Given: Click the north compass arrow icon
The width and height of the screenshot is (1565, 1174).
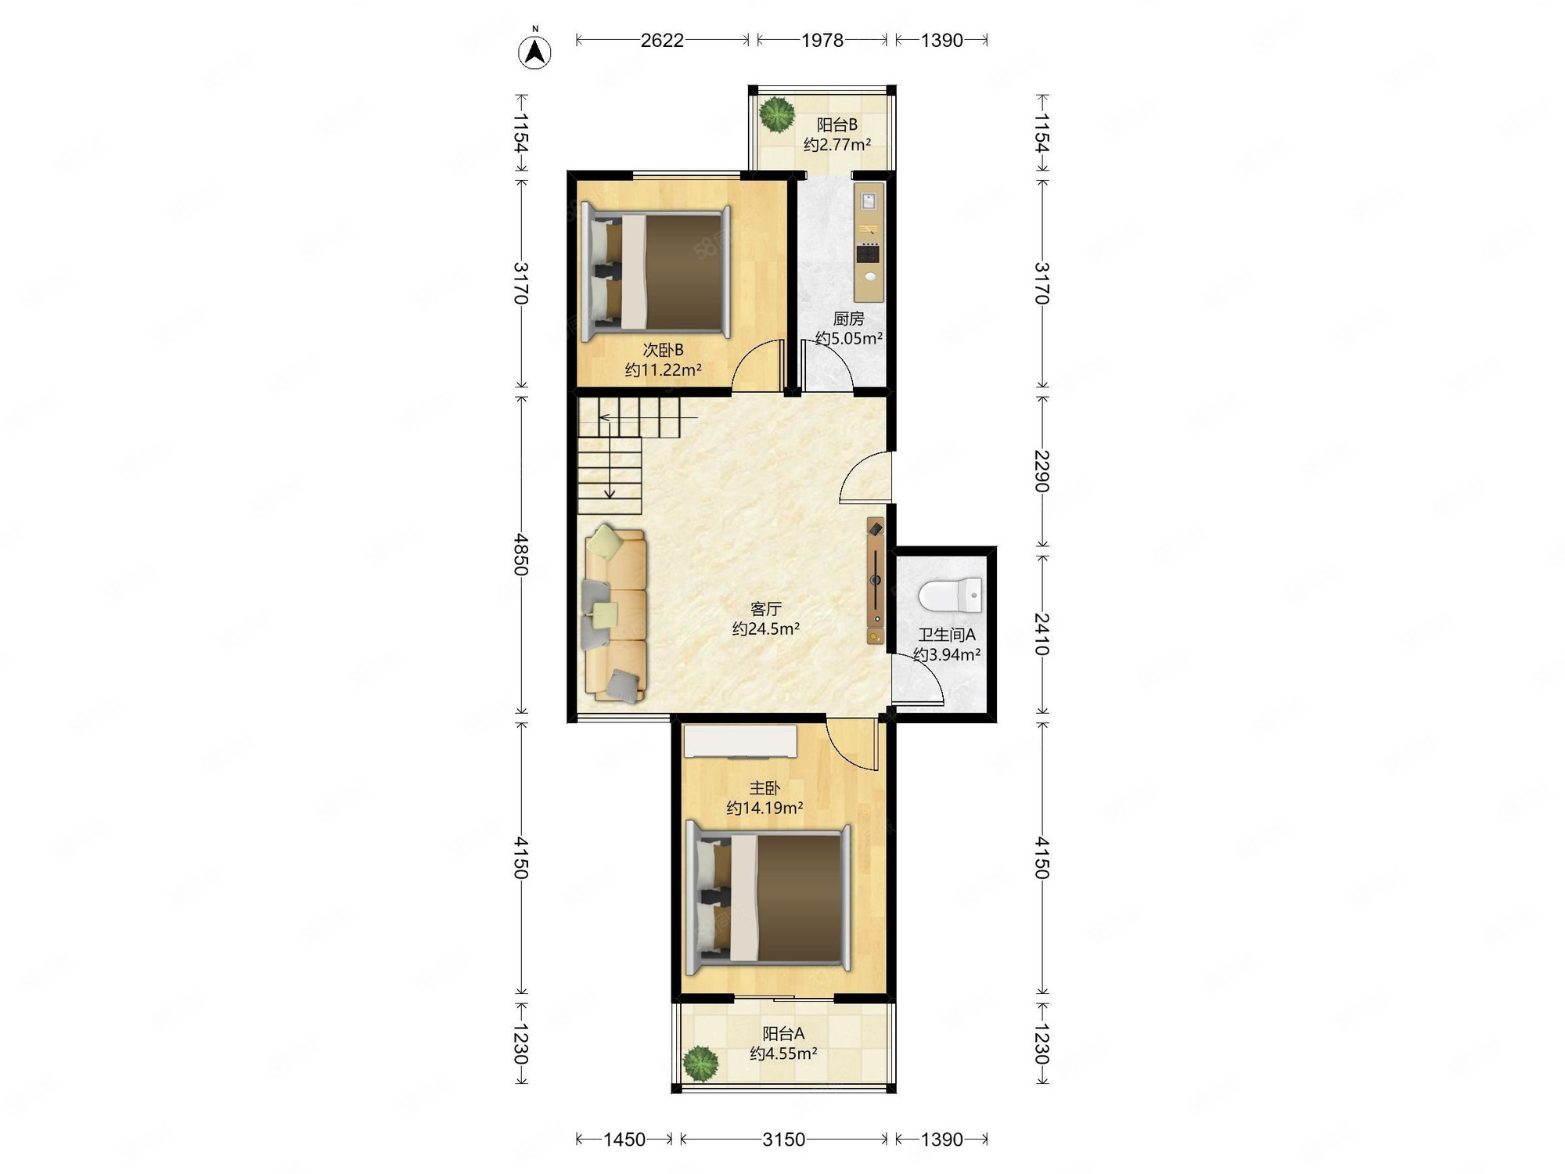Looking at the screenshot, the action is coord(534,52).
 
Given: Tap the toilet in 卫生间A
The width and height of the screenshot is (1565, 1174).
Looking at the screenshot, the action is coord(950,595).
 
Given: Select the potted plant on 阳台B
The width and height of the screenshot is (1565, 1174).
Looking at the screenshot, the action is coord(777,114).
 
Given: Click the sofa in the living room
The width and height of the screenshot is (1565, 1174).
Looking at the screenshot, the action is coord(615,614).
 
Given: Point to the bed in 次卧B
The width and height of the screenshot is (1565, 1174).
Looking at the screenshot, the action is coord(656,272).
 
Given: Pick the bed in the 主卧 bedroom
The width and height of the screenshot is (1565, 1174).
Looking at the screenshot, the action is coord(768,899).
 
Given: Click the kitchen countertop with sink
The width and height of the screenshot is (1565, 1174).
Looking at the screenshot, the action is coord(869,242).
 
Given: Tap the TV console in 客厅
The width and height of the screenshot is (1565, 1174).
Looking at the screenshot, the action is coord(876,581).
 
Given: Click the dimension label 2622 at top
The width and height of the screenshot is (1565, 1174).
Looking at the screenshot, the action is coord(662,40).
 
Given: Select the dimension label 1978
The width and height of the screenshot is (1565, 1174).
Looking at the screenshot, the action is coord(822,40).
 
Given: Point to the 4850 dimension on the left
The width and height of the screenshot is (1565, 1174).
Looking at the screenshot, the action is coord(521,554).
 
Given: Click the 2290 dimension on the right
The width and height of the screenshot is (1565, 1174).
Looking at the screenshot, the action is coord(1042,471).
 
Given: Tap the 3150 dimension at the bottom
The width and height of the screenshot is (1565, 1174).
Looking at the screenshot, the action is coord(783,1139).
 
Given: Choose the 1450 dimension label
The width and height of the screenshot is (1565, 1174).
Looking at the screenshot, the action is coord(624,1139).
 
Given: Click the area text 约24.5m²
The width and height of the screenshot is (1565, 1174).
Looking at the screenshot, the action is coord(766,628).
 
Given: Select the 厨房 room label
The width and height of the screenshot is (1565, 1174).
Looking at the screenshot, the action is coord(849,319).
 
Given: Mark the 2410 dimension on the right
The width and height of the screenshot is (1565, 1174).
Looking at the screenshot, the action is coord(1042,634).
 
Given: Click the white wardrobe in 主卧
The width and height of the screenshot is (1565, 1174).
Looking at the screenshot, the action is coord(740,742).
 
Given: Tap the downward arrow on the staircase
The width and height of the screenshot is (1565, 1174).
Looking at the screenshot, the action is coord(610,468).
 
